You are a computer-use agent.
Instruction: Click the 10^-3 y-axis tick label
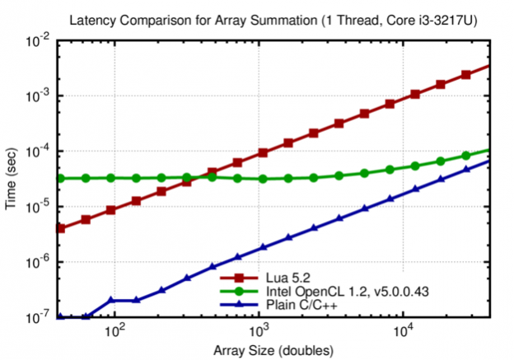point(39,96)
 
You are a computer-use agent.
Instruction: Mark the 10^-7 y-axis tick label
point(39,316)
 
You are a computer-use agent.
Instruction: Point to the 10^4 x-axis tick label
point(403,331)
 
